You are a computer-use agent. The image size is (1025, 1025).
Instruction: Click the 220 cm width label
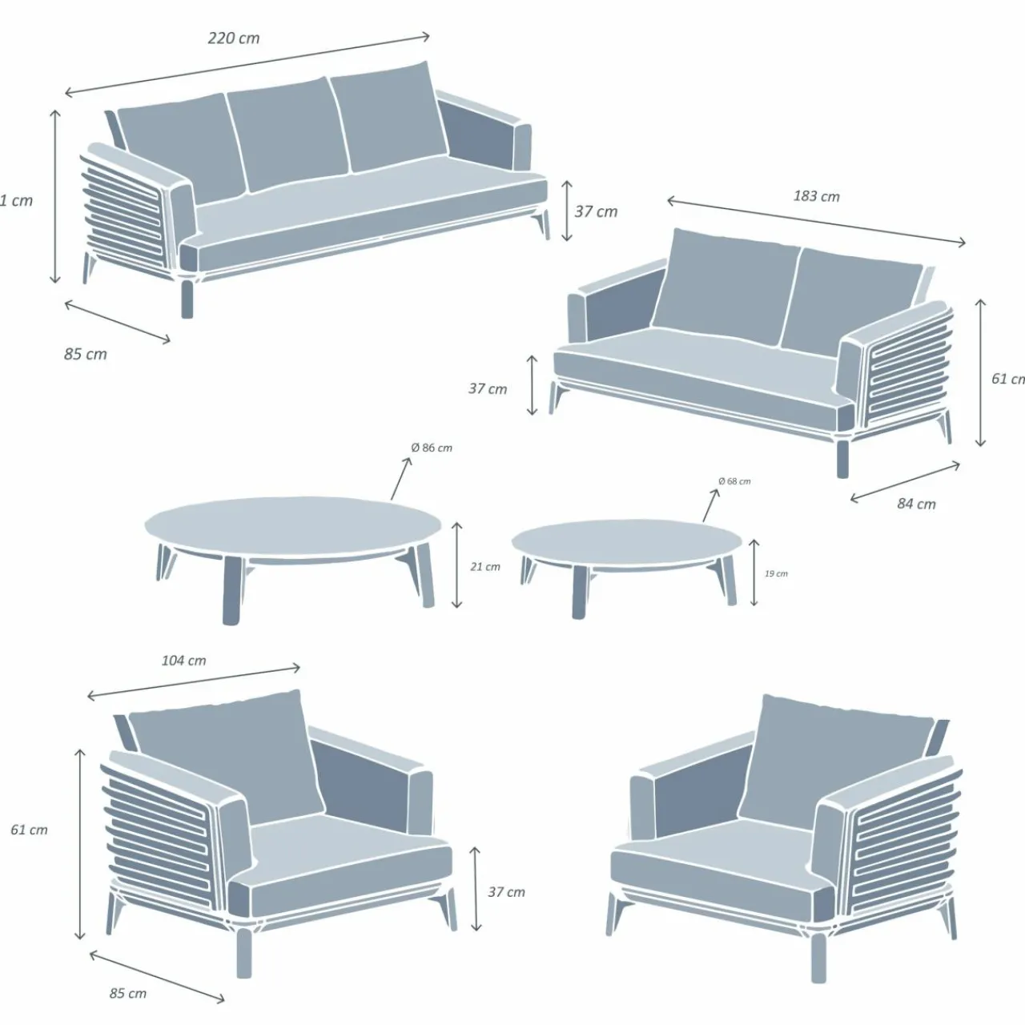233,38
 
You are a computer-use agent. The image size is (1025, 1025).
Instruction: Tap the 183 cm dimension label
816,196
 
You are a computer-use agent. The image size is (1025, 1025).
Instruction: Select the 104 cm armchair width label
183,661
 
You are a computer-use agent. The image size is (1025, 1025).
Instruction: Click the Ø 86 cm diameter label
432,448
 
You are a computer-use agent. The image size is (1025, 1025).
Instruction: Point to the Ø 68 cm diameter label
734,481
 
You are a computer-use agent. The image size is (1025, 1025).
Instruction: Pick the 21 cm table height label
484,567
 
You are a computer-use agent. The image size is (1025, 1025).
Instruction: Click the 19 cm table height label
775,574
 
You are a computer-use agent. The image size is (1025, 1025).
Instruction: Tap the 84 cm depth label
916,504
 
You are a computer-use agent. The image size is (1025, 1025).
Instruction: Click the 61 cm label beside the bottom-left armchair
29,830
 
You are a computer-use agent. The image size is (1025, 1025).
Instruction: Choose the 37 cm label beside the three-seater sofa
596,212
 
